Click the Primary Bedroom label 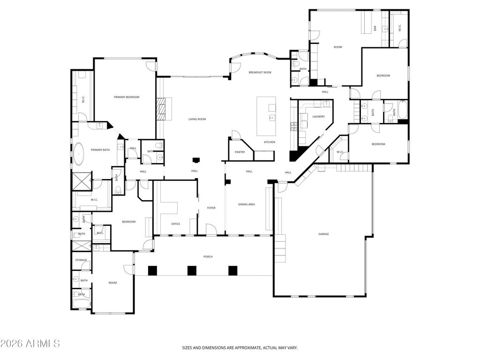click(127, 97)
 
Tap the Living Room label click(197, 119)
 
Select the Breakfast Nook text click(260, 72)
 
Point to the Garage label click(323, 234)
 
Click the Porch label click(208, 256)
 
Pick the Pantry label click(240, 152)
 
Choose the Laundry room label click(319, 116)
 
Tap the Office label click(176, 224)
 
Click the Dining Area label click(247, 204)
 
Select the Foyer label click(211, 208)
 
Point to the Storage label click(81, 260)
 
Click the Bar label click(375, 28)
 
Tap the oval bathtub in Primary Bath click(79, 154)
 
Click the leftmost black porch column click(152, 270)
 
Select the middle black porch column click(192, 270)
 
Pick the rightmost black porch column click(233, 270)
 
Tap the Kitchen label click(270, 142)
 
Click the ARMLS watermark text click(30, 344)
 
